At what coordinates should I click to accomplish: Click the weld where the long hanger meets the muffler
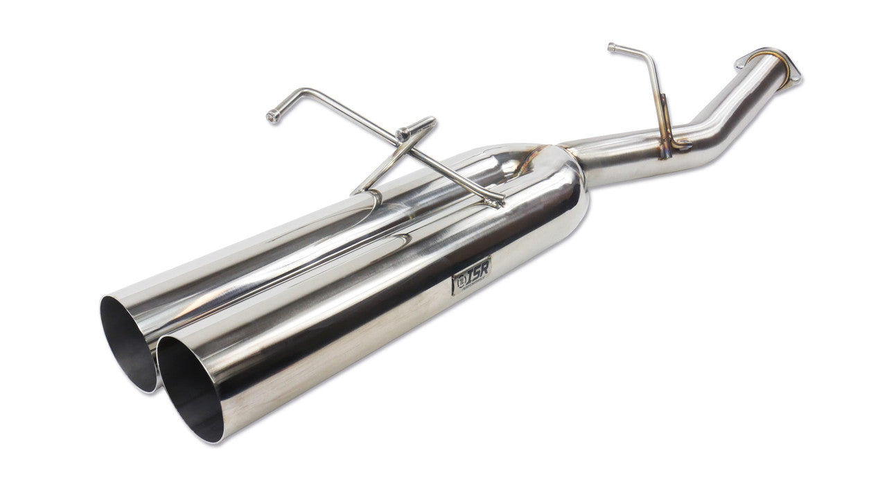pos(496,202)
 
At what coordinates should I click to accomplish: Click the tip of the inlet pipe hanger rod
pos(612,47)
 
